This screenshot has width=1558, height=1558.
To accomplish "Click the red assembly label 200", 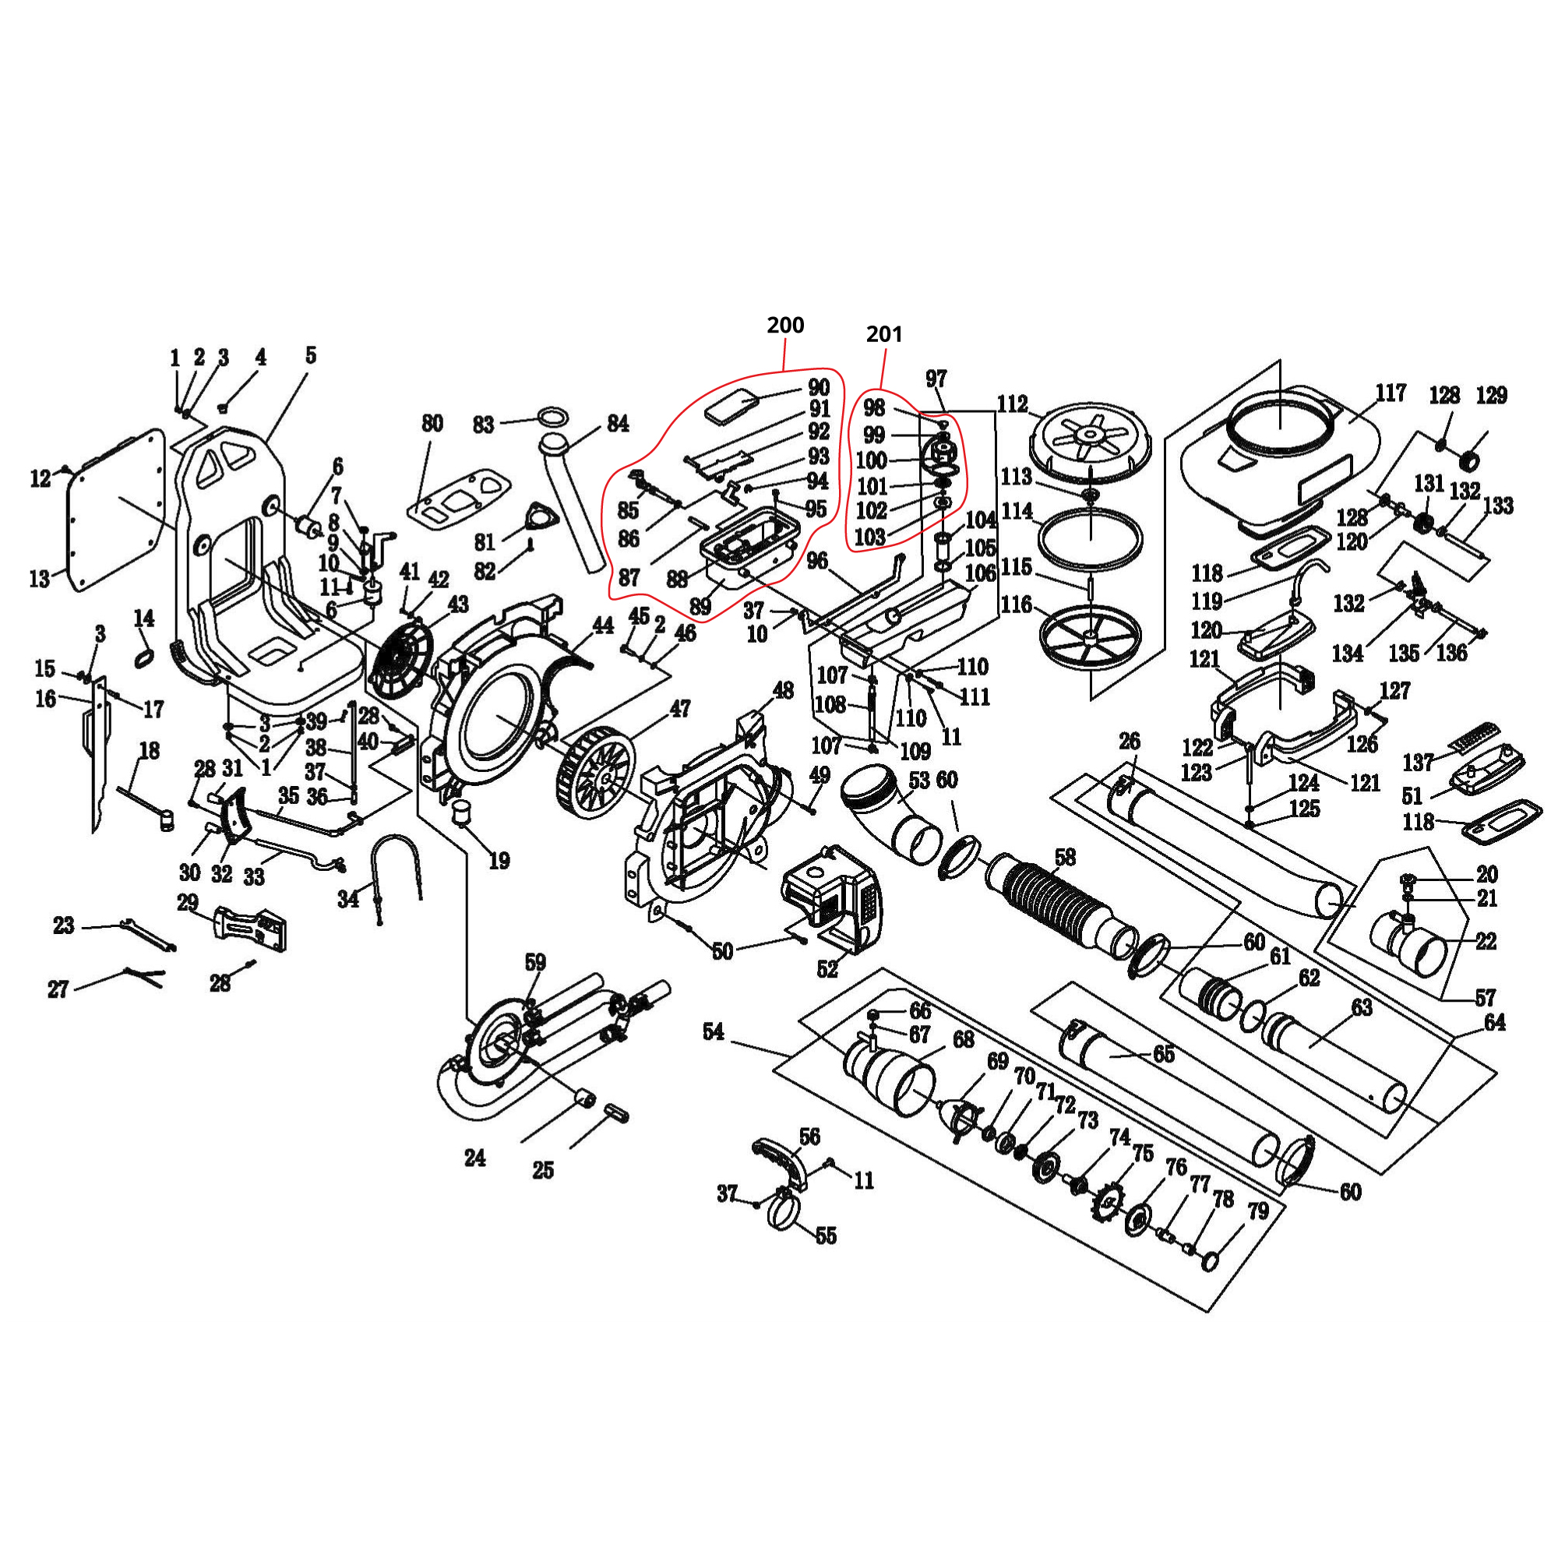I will [x=784, y=325].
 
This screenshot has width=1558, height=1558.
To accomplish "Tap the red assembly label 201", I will [x=884, y=334].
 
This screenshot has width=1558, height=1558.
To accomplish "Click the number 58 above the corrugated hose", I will [x=1064, y=857].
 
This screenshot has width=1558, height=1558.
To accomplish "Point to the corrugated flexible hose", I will [x=1056, y=908].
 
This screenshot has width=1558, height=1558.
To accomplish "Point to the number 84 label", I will [x=618, y=423].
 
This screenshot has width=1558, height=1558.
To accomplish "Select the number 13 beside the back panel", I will [x=40, y=578].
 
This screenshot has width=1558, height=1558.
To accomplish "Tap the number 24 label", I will [x=475, y=1158].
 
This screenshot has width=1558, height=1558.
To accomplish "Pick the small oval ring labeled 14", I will [x=143, y=658].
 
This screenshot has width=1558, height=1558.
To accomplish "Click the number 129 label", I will [x=1491, y=395].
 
